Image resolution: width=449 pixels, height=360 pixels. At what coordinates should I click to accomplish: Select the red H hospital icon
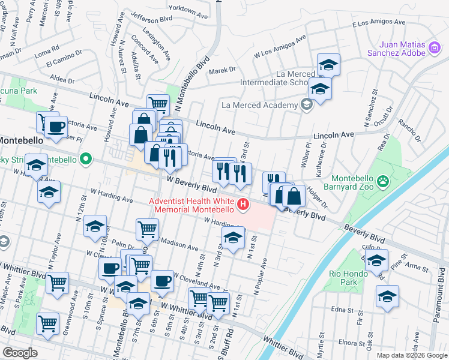[243, 205]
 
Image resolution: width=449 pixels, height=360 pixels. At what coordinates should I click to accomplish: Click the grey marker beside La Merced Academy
[307, 106]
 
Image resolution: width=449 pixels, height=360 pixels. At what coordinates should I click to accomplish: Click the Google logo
[20, 352]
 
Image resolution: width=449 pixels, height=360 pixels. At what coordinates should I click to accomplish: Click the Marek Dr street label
[222, 70]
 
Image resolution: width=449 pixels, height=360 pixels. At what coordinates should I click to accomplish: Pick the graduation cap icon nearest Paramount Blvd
[387, 296]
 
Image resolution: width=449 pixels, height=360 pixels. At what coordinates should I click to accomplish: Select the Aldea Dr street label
[62, 79]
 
